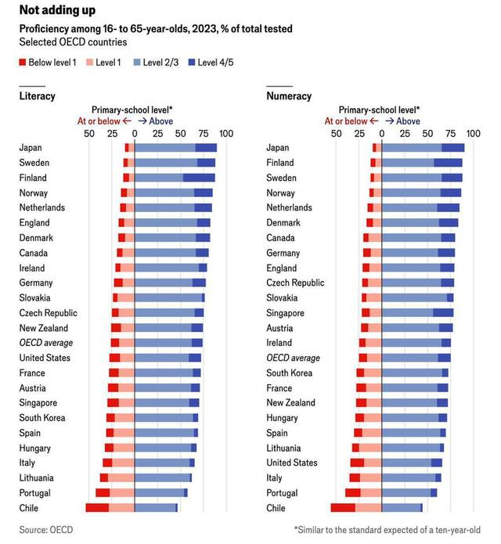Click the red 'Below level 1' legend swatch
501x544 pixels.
[23, 61]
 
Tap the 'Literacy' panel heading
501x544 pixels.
[37, 95]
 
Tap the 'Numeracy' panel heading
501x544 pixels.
[289, 95]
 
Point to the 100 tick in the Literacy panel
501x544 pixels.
[225, 134]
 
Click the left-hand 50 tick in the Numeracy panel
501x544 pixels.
[335, 134]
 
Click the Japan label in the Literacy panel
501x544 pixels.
[31, 147]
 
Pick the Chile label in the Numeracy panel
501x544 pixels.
[276, 508]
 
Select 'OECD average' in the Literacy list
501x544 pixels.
[46, 343]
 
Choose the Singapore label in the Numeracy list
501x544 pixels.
[286, 312]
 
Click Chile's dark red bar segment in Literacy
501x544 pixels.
[97, 508]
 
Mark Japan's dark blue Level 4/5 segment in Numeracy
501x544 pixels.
[453, 147]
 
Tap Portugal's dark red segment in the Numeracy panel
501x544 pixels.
[352, 493]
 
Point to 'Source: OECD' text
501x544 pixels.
[46, 530]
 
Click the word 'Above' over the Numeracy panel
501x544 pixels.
[408, 121]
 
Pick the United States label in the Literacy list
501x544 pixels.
[45, 358]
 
